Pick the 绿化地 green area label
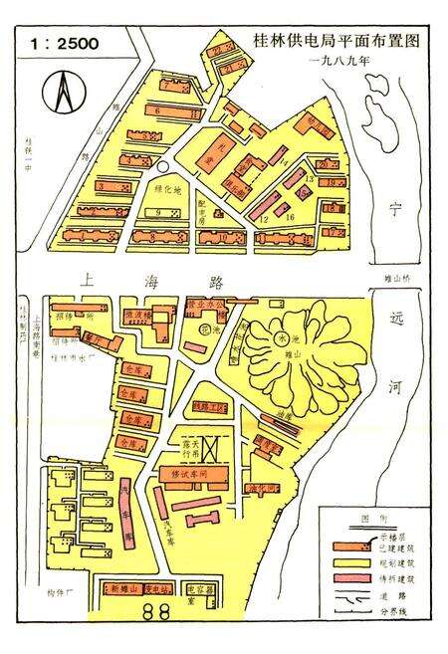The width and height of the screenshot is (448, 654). [168, 189]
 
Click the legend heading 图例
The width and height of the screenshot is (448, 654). [368, 520]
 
